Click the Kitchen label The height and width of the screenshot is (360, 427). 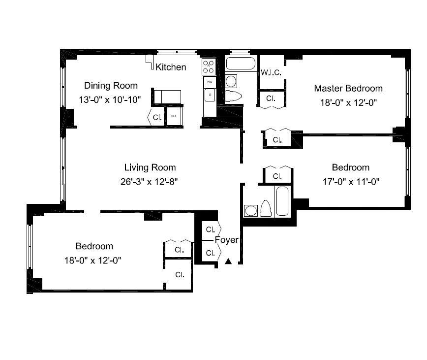tap(171, 67)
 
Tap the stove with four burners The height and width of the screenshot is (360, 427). tap(209, 66)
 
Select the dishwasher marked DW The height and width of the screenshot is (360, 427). tap(210, 82)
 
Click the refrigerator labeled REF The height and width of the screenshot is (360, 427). tap(174, 116)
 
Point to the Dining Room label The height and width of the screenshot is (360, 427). tap(111, 86)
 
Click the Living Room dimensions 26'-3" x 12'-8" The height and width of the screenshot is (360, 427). tap(149, 182)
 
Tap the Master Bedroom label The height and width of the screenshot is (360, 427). tap(348, 88)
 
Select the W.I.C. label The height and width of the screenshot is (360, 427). tap(271, 72)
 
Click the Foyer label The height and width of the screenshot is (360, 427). tap(227, 240)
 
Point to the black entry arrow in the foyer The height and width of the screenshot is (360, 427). tap(228, 262)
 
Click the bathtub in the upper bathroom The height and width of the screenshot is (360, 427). tap(241, 64)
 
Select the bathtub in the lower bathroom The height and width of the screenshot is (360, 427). tap(282, 201)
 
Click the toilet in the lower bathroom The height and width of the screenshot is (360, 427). tap(266, 208)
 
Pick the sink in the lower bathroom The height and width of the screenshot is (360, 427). tap(250, 211)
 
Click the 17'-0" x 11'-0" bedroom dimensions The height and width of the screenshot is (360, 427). tap(351, 182)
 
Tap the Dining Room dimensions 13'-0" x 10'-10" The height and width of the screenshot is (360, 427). tap(110, 100)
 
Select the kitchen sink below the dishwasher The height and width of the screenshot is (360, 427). tap(210, 95)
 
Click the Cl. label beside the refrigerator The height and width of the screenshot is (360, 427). tap(157, 118)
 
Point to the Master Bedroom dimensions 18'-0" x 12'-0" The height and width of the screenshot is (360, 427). tap(349, 103)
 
